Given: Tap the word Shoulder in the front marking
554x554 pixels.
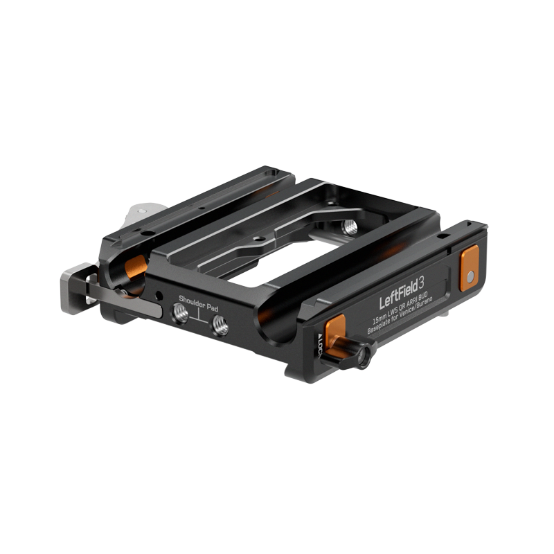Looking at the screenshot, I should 191,303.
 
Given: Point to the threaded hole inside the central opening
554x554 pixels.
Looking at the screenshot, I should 349,226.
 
